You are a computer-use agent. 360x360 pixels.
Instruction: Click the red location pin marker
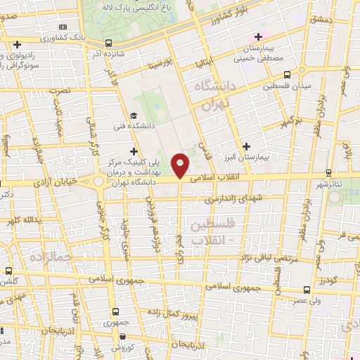(181, 165)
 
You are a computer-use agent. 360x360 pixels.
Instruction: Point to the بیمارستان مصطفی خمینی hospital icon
(258, 36)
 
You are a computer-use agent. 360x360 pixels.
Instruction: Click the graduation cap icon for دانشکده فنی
(134, 116)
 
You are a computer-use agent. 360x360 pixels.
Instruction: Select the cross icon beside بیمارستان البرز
(245, 146)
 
